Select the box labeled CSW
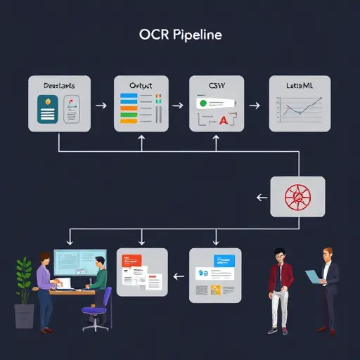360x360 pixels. pyautogui.click(x=217, y=104)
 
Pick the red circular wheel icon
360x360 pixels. pyautogui.click(x=298, y=197)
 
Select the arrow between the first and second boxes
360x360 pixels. pyautogui.click(x=101, y=105)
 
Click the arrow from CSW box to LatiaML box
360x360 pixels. pyautogui.click(x=255, y=105)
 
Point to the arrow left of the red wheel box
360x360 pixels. pyautogui.click(x=262, y=198)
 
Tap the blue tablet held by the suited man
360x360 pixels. pyautogui.click(x=311, y=277)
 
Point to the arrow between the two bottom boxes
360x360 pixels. pyautogui.click(x=179, y=276)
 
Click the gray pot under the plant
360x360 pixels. pyautogui.click(x=24, y=316)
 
